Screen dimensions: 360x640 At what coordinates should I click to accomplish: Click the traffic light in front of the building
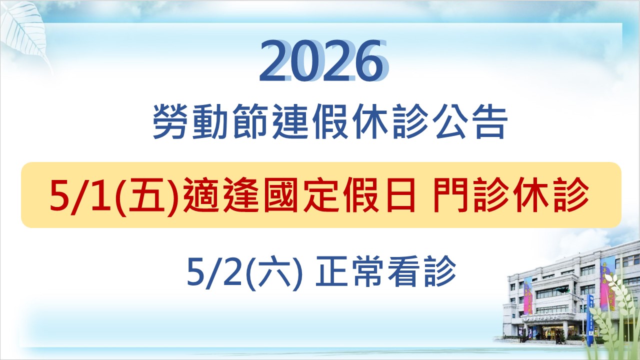tap(563, 290)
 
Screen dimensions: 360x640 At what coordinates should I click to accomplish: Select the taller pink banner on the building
tap(607, 282)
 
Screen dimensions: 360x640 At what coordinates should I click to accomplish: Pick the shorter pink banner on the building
tap(528, 295)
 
